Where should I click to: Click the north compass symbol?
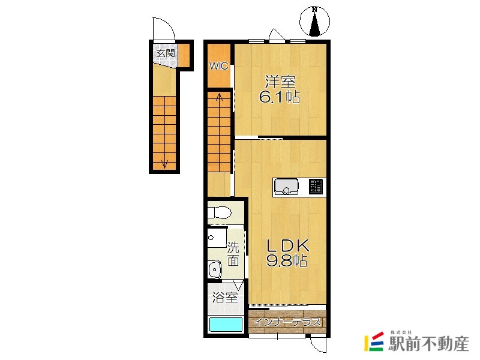314,22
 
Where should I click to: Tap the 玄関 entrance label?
166,53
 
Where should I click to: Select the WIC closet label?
218,66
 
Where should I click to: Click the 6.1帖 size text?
279,97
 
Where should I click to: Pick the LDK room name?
287,245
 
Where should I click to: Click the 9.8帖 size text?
287,260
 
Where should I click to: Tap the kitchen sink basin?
286,187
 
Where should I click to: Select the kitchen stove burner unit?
316,187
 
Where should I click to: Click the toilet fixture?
219,212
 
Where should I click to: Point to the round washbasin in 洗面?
215,269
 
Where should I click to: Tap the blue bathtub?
226,325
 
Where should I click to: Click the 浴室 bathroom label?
225,297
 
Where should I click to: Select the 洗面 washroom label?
233,254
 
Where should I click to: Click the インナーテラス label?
287,322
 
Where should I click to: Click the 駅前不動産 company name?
428,344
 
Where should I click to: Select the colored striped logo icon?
374,341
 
